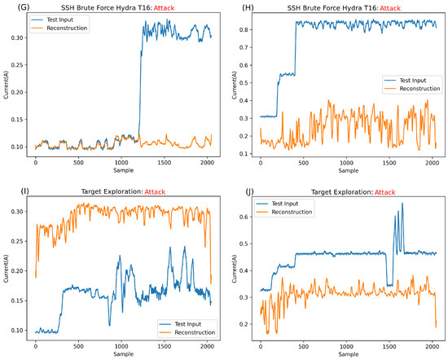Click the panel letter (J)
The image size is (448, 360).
click(235, 190)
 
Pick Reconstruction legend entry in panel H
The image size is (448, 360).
click(412, 90)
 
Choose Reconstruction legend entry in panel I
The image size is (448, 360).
click(191, 332)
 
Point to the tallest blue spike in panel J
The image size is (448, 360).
click(402, 204)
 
